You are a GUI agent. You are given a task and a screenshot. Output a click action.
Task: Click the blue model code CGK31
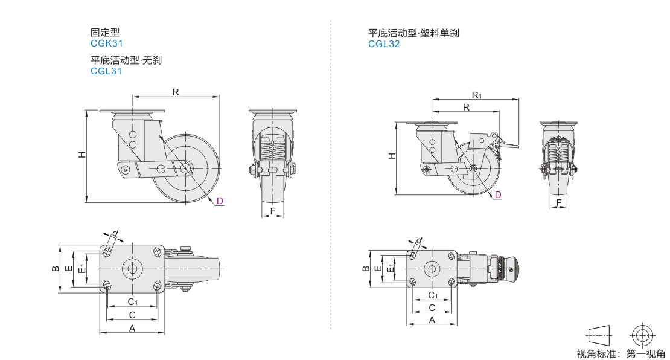click(106, 43)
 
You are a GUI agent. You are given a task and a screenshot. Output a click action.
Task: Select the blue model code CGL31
click(106, 71)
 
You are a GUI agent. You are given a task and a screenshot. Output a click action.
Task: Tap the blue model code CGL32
click(384, 43)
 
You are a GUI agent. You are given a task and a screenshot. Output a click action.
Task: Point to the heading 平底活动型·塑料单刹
click(413, 33)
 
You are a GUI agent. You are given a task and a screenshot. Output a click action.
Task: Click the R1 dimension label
click(476, 95)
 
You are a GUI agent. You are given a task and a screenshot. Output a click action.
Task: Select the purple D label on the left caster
click(220, 201)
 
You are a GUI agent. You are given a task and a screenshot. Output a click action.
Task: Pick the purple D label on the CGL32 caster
click(498, 194)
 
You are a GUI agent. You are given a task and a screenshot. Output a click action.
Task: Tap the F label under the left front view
click(273, 211)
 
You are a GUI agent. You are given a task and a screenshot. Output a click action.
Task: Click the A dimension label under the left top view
click(132, 328)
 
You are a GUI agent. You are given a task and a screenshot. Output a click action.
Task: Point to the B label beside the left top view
click(54, 269)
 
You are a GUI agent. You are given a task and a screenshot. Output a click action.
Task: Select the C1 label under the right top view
click(432, 295)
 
